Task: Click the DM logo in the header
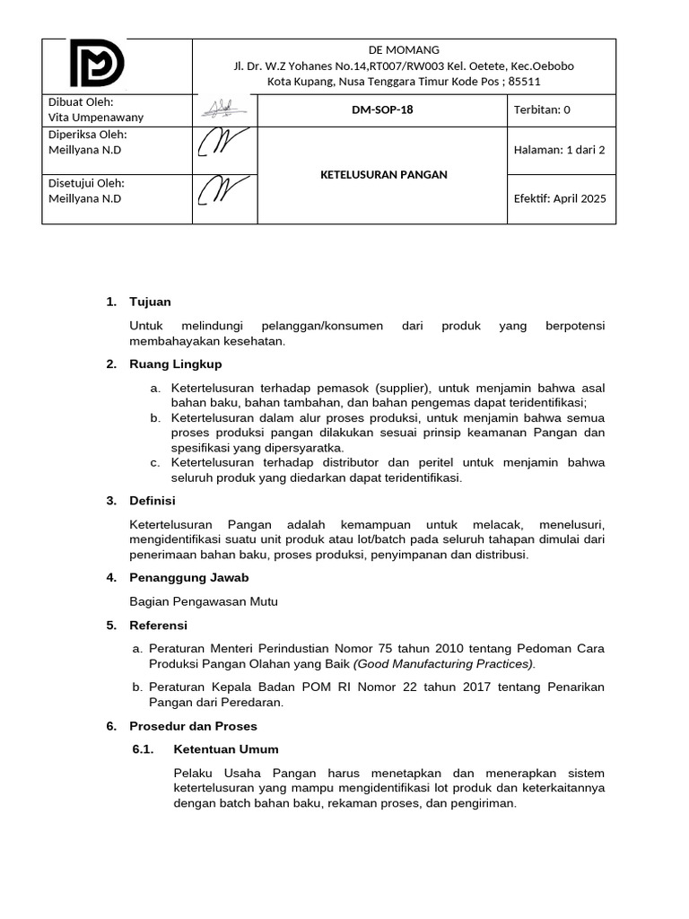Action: coord(98,64)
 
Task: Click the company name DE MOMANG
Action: coord(404,50)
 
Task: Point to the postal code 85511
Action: coord(524,82)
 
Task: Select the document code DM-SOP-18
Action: coord(382,110)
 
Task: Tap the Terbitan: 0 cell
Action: coord(541,110)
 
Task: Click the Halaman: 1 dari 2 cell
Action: coord(559,150)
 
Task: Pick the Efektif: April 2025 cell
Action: coord(559,199)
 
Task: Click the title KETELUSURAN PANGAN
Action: coord(383,175)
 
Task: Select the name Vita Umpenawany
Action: coord(95,118)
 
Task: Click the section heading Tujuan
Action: coord(150,302)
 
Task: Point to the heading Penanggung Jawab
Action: coord(189,577)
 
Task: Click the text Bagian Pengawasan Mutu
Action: coord(204,601)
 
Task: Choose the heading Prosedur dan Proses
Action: coord(193,725)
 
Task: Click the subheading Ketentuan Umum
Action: coord(226,749)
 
